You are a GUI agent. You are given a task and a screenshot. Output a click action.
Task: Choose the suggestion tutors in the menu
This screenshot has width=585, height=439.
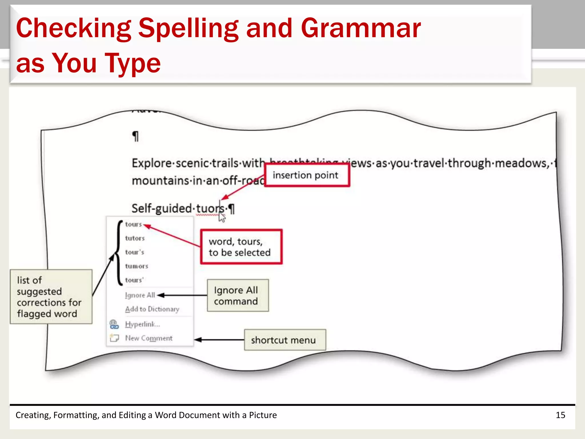point(135,238)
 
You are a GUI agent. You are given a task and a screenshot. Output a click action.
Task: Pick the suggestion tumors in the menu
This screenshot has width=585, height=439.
point(137,266)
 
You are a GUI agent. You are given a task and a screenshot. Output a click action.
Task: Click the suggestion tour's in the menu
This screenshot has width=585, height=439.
point(135,252)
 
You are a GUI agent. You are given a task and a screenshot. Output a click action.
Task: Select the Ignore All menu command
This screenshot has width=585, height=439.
point(140,295)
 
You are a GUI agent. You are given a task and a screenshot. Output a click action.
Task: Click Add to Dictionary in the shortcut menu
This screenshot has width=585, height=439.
point(152,309)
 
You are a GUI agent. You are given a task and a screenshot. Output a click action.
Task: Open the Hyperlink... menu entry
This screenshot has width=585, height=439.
point(142,324)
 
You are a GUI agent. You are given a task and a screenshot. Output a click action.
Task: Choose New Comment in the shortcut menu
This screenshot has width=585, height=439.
point(149,338)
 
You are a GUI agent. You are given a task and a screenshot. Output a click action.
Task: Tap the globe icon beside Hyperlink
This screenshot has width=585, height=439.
point(114,324)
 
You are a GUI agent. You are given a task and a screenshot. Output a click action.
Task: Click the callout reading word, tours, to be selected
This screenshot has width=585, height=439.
point(241,247)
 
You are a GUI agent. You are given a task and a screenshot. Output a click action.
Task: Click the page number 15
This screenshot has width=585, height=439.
point(560,415)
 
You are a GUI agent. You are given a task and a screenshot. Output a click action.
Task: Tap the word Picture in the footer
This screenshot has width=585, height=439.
point(263,415)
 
